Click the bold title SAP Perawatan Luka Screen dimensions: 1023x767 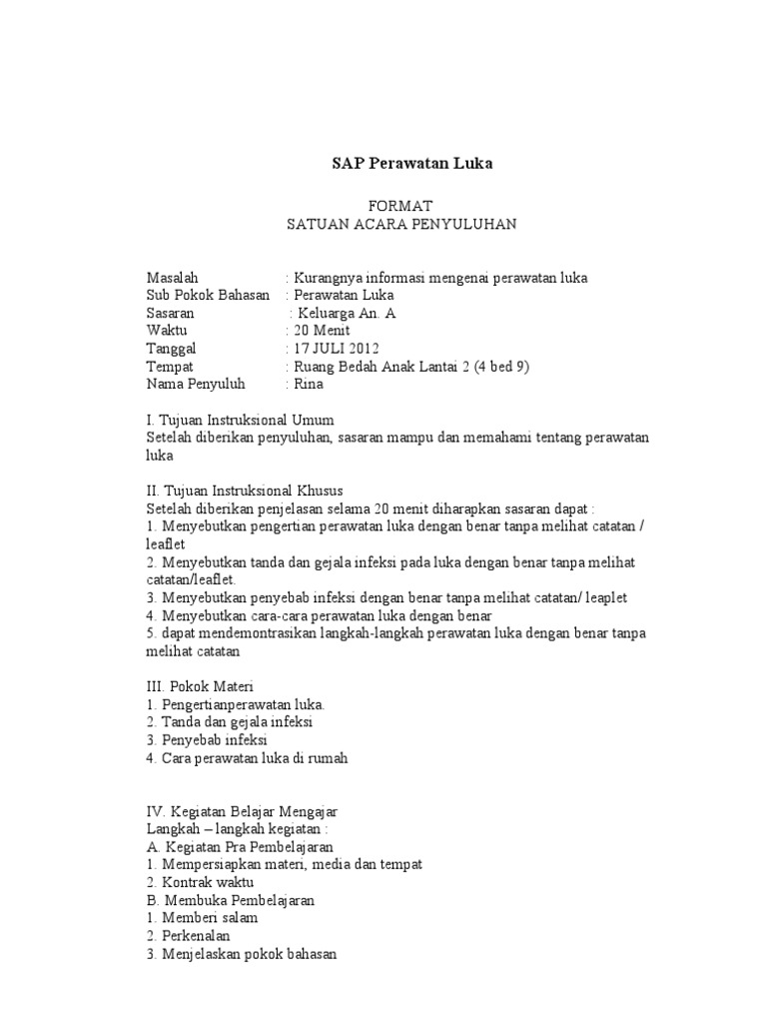tap(412, 163)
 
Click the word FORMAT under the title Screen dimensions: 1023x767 tap(400, 205)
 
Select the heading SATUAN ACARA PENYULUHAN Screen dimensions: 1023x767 tap(401, 224)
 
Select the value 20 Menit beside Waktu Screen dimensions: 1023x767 tap(317, 330)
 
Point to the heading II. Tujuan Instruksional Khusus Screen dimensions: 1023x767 tap(245, 491)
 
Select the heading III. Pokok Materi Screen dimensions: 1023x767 tap(200, 686)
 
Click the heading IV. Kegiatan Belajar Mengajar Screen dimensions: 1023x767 tap(249, 811)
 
